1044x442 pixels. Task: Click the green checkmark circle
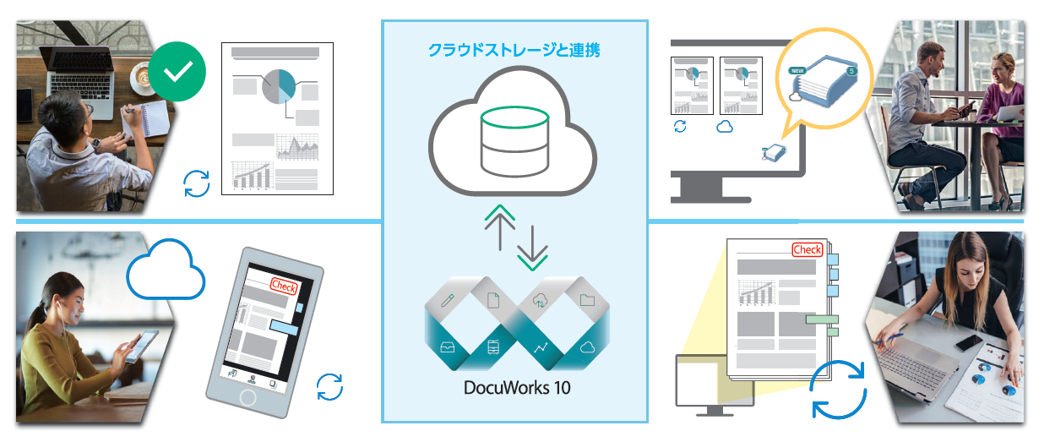pyautogui.click(x=177, y=73)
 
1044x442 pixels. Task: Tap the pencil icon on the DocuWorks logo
pyautogui.click(x=447, y=299)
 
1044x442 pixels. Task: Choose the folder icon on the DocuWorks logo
pyautogui.click(x=587, y=299)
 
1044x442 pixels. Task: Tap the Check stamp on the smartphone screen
pyautogui.click(x=284, y=286)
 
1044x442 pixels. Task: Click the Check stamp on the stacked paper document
pyautogui.click(x=807, y=249)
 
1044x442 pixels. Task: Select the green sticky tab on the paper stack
pyautogui.click(x=821, y=319)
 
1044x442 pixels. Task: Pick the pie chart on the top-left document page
pyautogui.click(x=279, y=86)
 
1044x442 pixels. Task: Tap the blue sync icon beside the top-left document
pyautogui.click(x=197, y=183)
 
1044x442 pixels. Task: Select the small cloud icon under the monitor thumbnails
pyautogui.click(x=725, y=127)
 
